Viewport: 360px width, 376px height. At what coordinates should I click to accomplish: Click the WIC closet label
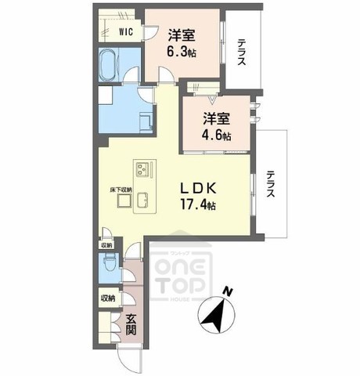(125, 32)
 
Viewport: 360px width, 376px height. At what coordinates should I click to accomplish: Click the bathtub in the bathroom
(110, 64)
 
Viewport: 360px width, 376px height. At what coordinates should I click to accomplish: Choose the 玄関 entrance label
(131, 324)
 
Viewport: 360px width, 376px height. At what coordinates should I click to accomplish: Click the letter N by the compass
(228, 292)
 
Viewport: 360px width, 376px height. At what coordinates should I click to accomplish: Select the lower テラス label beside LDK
(270, 186)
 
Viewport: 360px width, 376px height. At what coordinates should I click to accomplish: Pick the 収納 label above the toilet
(107, 244)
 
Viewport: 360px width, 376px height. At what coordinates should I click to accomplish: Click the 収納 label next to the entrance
(107, 298)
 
